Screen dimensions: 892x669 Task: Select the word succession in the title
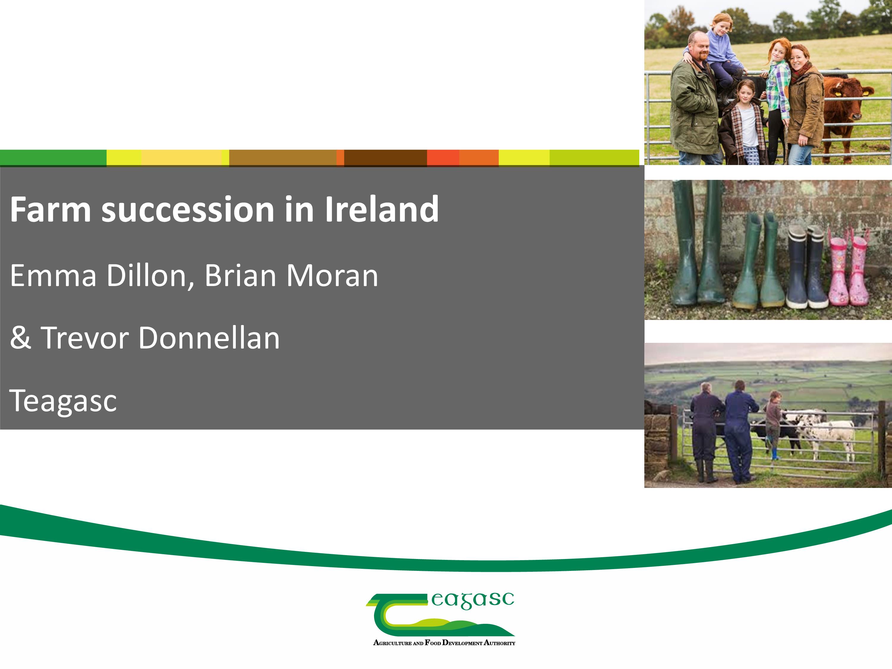tap(188, 211)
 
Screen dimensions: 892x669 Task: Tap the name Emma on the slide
tap(53, 276)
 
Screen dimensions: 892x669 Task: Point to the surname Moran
tap(332, 276)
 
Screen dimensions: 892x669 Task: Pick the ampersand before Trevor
tap(21, 338)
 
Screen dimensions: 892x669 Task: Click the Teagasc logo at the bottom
tap(440, 619)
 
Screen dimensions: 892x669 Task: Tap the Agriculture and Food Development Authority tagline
tap(444, 642)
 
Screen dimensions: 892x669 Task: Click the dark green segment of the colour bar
tap(53, 158)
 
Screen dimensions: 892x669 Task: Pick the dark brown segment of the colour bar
tap(386, 158)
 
